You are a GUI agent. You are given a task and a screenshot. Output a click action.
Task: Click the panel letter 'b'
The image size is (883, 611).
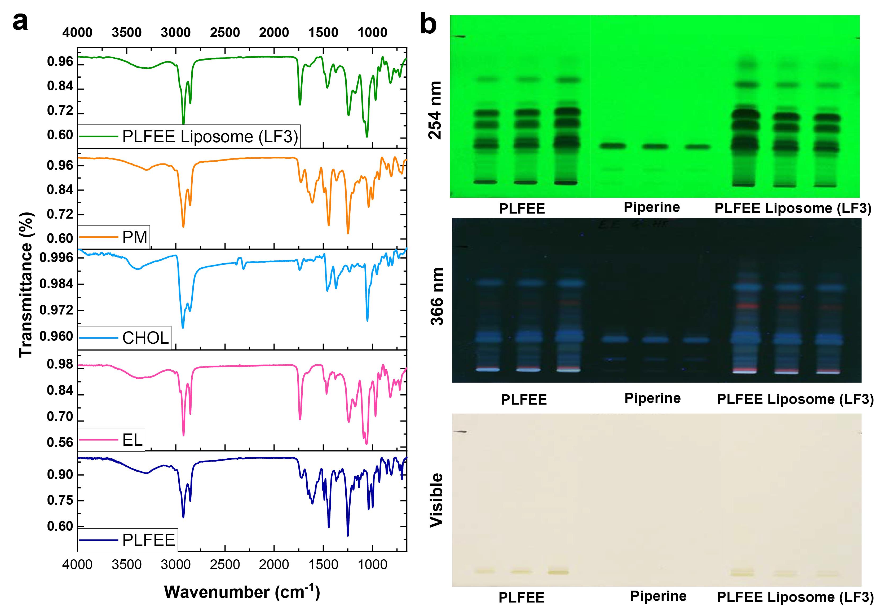(428, 24)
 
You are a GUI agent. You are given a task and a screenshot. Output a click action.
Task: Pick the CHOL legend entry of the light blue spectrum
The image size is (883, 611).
(145, 338)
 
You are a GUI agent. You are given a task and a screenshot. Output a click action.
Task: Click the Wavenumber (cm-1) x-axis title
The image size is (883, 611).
(242, 592)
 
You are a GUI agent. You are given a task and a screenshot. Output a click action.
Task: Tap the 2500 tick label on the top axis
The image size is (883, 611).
(225, 33)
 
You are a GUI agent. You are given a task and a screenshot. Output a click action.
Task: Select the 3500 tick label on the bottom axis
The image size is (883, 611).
(127, 564)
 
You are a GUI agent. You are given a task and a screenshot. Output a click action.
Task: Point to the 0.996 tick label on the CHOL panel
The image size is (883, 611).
(56, 258)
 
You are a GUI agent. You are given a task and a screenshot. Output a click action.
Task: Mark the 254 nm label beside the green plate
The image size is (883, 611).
(435, 110)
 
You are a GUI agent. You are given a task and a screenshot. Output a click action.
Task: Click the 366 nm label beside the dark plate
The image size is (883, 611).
(436, 297)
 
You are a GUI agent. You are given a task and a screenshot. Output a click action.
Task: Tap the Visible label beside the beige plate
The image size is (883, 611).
(436, 500)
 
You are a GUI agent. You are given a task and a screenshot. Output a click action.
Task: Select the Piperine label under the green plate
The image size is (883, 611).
(652, 207)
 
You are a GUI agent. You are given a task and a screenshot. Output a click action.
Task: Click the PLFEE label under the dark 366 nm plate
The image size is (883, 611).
(524, 400)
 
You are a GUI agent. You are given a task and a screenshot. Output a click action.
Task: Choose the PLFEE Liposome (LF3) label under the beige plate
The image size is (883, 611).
(795, 597)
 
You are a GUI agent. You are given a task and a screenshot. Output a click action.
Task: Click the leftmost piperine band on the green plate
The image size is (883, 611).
(613, 146)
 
